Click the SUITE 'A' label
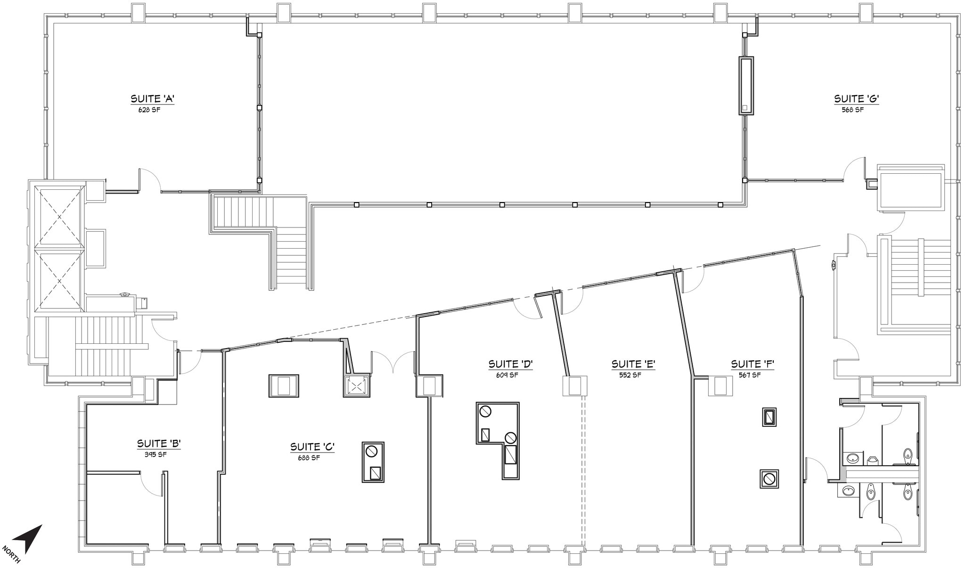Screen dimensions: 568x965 click(x=153, y=99)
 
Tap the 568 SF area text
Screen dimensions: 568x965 click(x=852, y=110)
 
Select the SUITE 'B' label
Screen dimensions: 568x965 click(x=159, y=444)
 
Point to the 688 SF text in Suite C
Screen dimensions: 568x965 click(x=309, y=457)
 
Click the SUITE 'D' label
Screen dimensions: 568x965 click(x=510, y=364)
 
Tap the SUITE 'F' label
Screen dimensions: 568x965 click(x=753, y=364)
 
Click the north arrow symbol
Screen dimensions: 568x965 click(x=29, y=538)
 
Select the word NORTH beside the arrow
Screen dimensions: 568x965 click(x=11, y=554)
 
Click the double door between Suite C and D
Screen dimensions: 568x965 click(x=392, y=363)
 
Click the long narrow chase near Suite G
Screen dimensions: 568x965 click(x=746, y=86)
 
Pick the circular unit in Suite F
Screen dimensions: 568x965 click(x=769, y=479)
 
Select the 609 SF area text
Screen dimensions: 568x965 click(x=507, y=375)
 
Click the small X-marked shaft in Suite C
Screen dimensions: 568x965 click(x=356, y=387)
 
